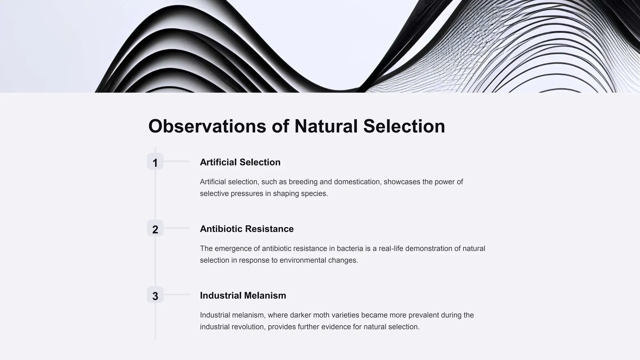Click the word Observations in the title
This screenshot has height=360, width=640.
click(207, 126)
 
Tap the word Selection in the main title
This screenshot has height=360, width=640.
click(404, 126)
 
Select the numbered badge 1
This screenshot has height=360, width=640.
click(155, 162)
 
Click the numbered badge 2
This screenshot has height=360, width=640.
click(155, 228)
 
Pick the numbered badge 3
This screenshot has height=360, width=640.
click(155, 295)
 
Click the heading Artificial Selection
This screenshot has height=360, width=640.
click(240, 162)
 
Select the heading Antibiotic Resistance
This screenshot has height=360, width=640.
click(247, 229)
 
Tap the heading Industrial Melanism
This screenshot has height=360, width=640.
click(243, 295)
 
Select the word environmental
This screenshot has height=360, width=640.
click(302, 260)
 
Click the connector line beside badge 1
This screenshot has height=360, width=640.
click(177, 161)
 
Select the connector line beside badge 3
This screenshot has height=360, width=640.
click(177, 294)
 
